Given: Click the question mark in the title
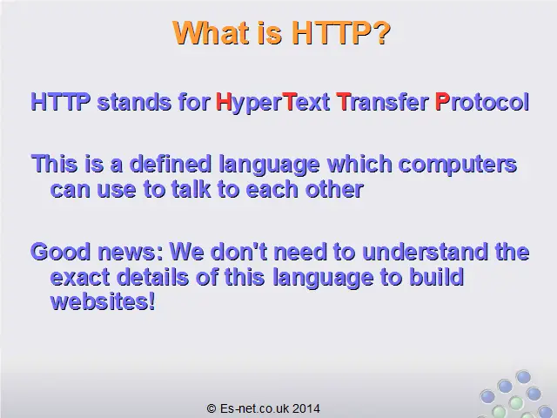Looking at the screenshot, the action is click(383, 33).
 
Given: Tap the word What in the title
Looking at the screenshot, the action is click(211, 33).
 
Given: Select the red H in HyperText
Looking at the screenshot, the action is click(224, 102).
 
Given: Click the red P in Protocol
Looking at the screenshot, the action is click(442, 102).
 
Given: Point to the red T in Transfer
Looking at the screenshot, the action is click(343, 102).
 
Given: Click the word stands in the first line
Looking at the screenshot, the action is click(134, 102).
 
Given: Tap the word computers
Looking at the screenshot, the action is click(458, 165).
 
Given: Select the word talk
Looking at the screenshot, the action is click(191, 189).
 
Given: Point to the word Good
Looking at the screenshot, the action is click(61, 252).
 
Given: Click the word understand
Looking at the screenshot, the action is click(425, 252).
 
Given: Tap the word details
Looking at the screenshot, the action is click(153, 277).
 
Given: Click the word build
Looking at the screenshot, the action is click(437, 277).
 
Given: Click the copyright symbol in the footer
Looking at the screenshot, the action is click(211, 408).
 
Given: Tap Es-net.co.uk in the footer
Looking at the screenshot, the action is click(255, 408).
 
